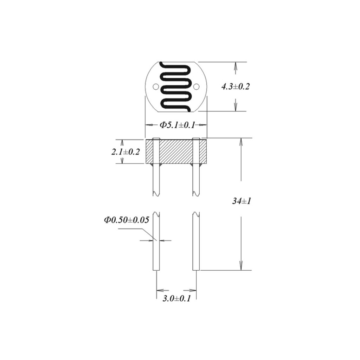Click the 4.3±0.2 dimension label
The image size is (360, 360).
point(235,86)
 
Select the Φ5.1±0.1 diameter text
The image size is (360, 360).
point(177,125)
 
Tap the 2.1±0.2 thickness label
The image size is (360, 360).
point(126,152)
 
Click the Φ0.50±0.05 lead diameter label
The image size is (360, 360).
point(127,220)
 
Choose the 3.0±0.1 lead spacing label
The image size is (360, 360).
point(176,298)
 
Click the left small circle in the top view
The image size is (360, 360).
point(156,87)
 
